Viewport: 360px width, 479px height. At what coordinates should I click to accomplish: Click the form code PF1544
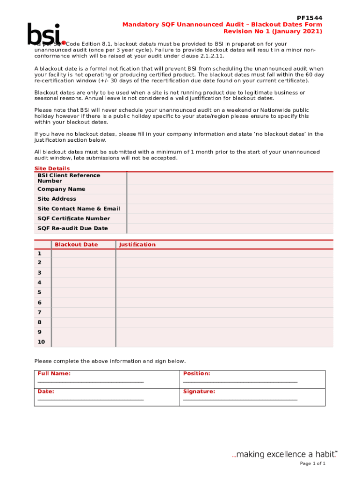click(x=310, y=18)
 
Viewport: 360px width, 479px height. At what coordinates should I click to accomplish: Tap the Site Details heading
click(x=52, y=168)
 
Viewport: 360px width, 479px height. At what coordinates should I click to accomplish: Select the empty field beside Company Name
click(x=230, y=189)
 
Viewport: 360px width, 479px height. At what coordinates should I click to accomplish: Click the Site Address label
click(x=57, y=199)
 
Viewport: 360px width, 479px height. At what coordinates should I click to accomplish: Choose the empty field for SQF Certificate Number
click(x=230, y=218)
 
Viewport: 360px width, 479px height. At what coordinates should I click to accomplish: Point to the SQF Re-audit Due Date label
click(x=72, y=228)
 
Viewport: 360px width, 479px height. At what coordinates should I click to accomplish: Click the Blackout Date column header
click(x=76, y=245)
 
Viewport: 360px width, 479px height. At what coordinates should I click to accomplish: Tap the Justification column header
click(x=137, y=245)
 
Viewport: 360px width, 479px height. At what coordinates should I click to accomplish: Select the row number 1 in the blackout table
click(x=39, y=253)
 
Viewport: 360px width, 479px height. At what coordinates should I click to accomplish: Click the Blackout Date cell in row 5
click(x=83, y=292)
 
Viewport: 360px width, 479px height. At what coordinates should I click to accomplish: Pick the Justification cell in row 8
click(x=224, y=322)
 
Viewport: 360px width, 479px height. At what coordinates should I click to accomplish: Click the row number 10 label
click(x=41, y=342)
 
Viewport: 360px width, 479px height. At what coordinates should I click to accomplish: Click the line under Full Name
click(x=91, y=382)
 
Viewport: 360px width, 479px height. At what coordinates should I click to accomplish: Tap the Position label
click(x=196, y=374)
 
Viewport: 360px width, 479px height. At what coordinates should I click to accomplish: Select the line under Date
click(x=91, y=400)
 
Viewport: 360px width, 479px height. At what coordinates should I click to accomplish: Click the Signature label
click(x=199, y=392)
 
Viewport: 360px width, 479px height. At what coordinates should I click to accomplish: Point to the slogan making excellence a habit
click(x=285, y=454)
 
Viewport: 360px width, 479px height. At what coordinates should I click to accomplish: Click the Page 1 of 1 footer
click(x=312, y=464)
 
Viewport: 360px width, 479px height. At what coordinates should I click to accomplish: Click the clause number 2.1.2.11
click(x=210, y=56)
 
